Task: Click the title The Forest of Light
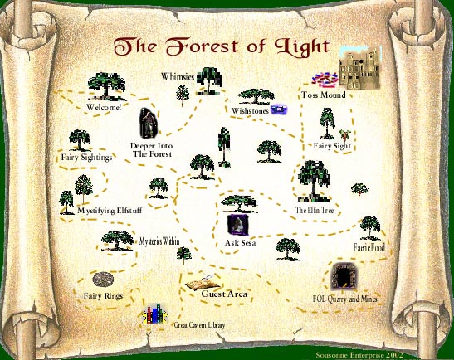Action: pyautogui.click(x=222, y=47)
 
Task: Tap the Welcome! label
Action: pyautogui.click(x=104, y=107)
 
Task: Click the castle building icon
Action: pyautogui.click(x=360, y=67)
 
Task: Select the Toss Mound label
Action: pyautogui.click(x=324, y=95)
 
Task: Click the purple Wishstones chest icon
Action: pyautogui.click(x=279, y=109)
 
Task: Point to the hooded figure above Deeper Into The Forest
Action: pyautogui.click(x=149, y=123)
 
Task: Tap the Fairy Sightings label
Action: pyautogui.click(x=86, y=158)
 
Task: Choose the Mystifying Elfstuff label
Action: pyautogui.click(x=110, y=211)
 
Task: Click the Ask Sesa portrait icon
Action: pyautogui.click(x=238, y=225)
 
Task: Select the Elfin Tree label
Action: pyautogui.click(x=315, y=210)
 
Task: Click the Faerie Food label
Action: pyautogui.click(x=369, y=248)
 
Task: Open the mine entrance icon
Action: pyautogui.click(x=344, y=276)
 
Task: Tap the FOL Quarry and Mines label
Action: pyautogui.click(x=344, y=299)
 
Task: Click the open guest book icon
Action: pyautogui.click(x=203, y=282)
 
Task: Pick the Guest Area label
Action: pyautogui.click(x=224, y=294)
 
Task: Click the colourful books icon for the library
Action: pyautogui.click(x=154, y=314)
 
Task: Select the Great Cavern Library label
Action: pyautogui.click(x=199, y=325)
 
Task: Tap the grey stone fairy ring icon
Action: pyautogui.click(x=103, y=280)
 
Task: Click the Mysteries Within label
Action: pyautogui.click(x=159, y=241)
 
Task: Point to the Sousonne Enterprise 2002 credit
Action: pyautogui.click(x=359, y=355)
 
